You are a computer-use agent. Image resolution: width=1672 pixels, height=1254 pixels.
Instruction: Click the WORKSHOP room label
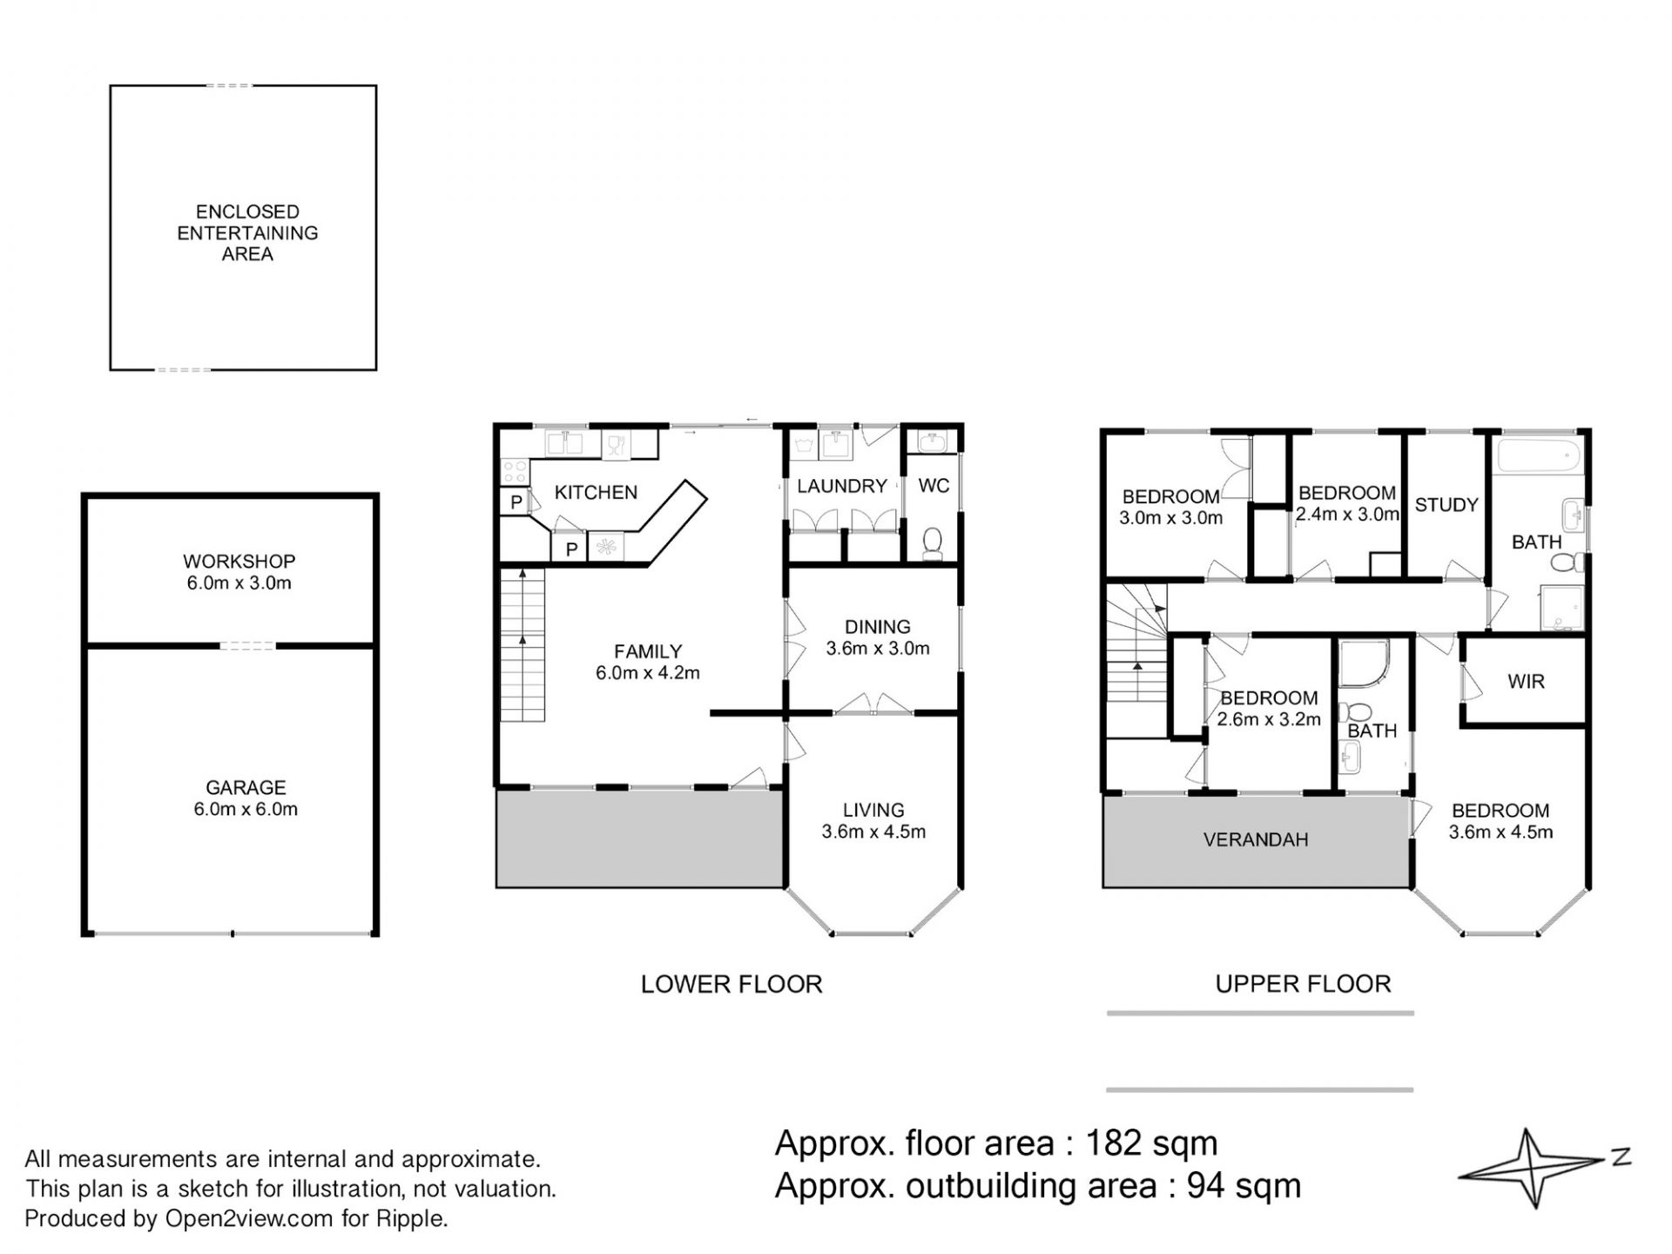coord(239,561)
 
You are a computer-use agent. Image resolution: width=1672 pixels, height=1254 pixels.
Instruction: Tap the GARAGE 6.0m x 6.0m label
coord(246,799)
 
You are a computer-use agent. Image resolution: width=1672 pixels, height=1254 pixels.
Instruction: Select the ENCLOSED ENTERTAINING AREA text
coord(247,233)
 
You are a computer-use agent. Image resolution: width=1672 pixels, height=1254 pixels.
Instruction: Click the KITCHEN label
coord(596,492)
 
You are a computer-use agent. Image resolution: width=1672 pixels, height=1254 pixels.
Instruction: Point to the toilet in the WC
coord(932,541)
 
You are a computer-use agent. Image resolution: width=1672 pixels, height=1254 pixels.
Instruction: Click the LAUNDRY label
coord(842,486)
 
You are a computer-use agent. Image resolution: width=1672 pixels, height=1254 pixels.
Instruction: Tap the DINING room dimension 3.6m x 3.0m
coord(878,649)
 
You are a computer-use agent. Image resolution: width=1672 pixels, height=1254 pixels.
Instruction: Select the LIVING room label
coord(873,810)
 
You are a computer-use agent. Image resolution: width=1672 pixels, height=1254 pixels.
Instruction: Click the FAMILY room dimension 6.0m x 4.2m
coord(648,673)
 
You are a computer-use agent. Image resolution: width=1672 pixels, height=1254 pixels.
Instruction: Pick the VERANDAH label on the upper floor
coord(1256,840)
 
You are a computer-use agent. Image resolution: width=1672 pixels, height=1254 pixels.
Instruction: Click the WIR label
coord(1527,682)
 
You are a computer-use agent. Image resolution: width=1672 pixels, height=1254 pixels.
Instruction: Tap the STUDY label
coord(1446,505)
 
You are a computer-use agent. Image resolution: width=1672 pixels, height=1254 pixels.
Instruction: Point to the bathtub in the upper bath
coord(1538,455)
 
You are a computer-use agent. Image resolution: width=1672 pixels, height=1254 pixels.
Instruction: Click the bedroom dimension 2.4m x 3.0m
coord(1347,515)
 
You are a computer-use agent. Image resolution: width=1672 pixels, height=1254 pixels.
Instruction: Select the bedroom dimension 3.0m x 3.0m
coord(1170,518)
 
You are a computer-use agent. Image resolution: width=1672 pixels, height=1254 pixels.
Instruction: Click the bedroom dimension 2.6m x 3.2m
coord(1269,720)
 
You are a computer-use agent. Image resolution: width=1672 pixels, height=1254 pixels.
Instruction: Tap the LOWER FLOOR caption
coord(731,984)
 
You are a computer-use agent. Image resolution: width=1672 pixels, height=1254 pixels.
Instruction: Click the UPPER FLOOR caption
coord(1303,984)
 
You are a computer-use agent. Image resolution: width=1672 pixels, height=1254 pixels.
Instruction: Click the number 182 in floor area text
coord(1114,1143)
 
